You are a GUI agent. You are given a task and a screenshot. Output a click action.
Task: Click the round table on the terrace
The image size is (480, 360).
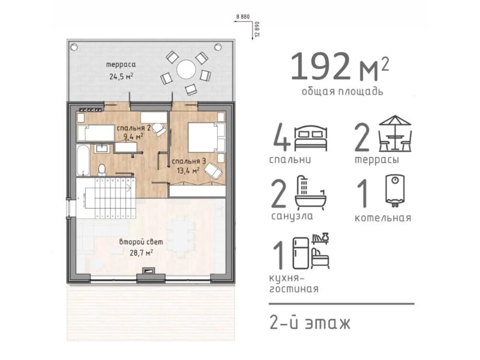click(186, 70)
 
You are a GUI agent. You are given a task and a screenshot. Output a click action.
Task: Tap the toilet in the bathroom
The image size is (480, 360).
click(101, 170)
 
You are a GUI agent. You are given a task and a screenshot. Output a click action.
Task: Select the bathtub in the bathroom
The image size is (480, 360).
click(83, 160)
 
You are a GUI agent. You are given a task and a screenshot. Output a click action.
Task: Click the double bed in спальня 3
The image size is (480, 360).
click(206, 137)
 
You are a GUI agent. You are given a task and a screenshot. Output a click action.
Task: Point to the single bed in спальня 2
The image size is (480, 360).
click(96, 133)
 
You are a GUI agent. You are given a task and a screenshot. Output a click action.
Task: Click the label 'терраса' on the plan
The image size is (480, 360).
click(121, 65)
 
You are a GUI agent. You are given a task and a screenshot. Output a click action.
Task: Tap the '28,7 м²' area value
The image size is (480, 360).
click(141, 253)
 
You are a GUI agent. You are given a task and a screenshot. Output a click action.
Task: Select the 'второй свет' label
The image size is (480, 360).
click(141, 242)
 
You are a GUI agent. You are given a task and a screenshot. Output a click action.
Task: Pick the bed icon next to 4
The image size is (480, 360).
click(310, 138)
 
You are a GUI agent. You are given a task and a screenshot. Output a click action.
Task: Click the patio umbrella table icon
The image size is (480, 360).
click(395, 133)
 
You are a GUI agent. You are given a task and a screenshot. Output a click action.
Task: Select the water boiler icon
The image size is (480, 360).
click(395, 190)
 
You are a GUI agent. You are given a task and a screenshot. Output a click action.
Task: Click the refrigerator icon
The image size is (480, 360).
click(301, 253)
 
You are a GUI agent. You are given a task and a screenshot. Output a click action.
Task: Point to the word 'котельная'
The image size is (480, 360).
click(383, 218)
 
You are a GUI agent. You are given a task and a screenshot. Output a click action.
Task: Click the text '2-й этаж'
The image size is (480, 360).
click(310, 323)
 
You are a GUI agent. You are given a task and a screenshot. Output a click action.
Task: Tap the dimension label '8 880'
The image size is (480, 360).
click(243, 17)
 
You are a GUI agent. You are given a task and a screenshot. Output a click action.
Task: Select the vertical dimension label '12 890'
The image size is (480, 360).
click(257, 29)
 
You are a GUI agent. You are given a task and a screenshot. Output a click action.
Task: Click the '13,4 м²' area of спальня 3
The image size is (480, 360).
click(188, 171)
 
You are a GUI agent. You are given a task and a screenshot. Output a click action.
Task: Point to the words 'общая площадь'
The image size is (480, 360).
click(343, 92)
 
